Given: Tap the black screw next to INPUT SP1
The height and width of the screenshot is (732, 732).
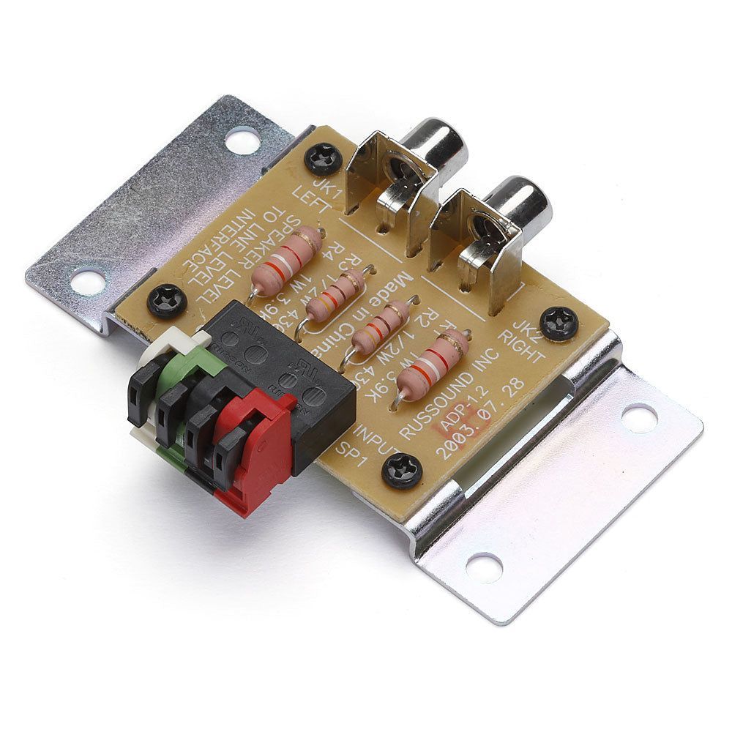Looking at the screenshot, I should click(402, 467).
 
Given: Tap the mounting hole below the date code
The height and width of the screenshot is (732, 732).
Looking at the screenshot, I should click(484, 567).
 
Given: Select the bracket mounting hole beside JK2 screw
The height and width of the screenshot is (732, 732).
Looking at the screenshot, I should click(639, 417).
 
